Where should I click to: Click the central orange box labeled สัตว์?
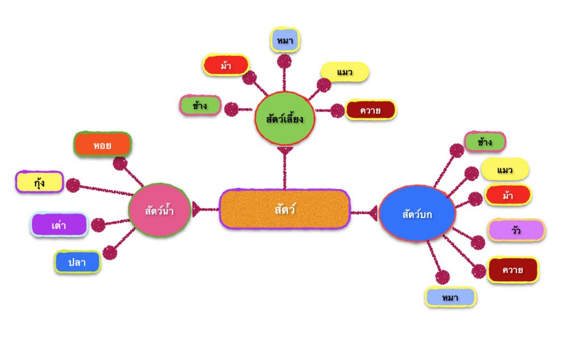[x=284, y=209]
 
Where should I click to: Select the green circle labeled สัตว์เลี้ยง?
[x=284, y=118]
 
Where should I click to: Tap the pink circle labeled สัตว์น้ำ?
[x=159, y=210]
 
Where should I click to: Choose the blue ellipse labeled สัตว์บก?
[x=417, y=214]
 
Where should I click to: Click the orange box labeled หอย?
[x=102, y=145]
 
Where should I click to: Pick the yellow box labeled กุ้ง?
[x=39, y=182]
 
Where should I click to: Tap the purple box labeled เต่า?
[x=59, y=224]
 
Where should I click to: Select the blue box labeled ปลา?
[x=77, y=262]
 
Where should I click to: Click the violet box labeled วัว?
[x=516, y=230]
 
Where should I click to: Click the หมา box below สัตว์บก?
[x=450, y=297]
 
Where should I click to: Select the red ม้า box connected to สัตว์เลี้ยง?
[x=226, y=65]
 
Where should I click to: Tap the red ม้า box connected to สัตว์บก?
[x=507, y=195]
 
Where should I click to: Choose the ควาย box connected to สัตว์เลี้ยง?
[x=370, y=109]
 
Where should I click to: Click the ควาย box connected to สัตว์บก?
[x=512, y=269]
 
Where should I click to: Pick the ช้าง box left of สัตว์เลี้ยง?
[x=200, y=105]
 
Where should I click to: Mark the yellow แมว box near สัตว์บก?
[x=504, y=169]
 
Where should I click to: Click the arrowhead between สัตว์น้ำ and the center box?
[x=197, y=210]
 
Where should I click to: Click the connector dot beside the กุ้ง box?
[x=73, y=185]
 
